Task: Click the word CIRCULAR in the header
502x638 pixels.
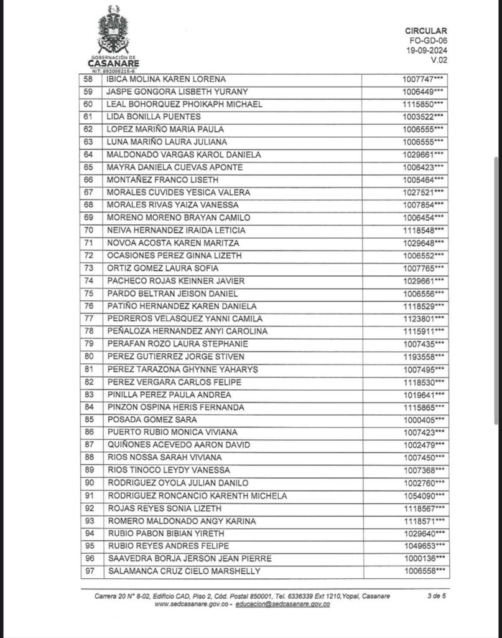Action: click(x=425, y=31)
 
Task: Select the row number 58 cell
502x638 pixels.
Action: click(x=88, y=79)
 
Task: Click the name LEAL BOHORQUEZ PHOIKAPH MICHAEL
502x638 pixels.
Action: click(x=185, y=104)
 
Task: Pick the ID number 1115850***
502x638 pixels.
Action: click(x=423, y=104)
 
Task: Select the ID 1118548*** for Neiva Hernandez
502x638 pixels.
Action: click(x=423, y=231)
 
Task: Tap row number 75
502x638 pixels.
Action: click(x=88, y=293)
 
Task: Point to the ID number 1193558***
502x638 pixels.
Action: click(x=423, y=356)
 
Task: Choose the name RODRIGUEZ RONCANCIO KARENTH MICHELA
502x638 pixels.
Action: click(x=197, y=496)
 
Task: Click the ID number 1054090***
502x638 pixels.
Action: click(x=423, y=496)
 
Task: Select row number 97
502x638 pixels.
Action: click(x=89, y=571)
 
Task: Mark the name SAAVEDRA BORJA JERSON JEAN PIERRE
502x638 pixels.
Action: click(x=190, y=559)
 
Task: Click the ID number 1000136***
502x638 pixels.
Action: click(x=423, y=559)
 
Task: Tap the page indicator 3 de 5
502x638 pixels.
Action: click(x=436, y=596)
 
